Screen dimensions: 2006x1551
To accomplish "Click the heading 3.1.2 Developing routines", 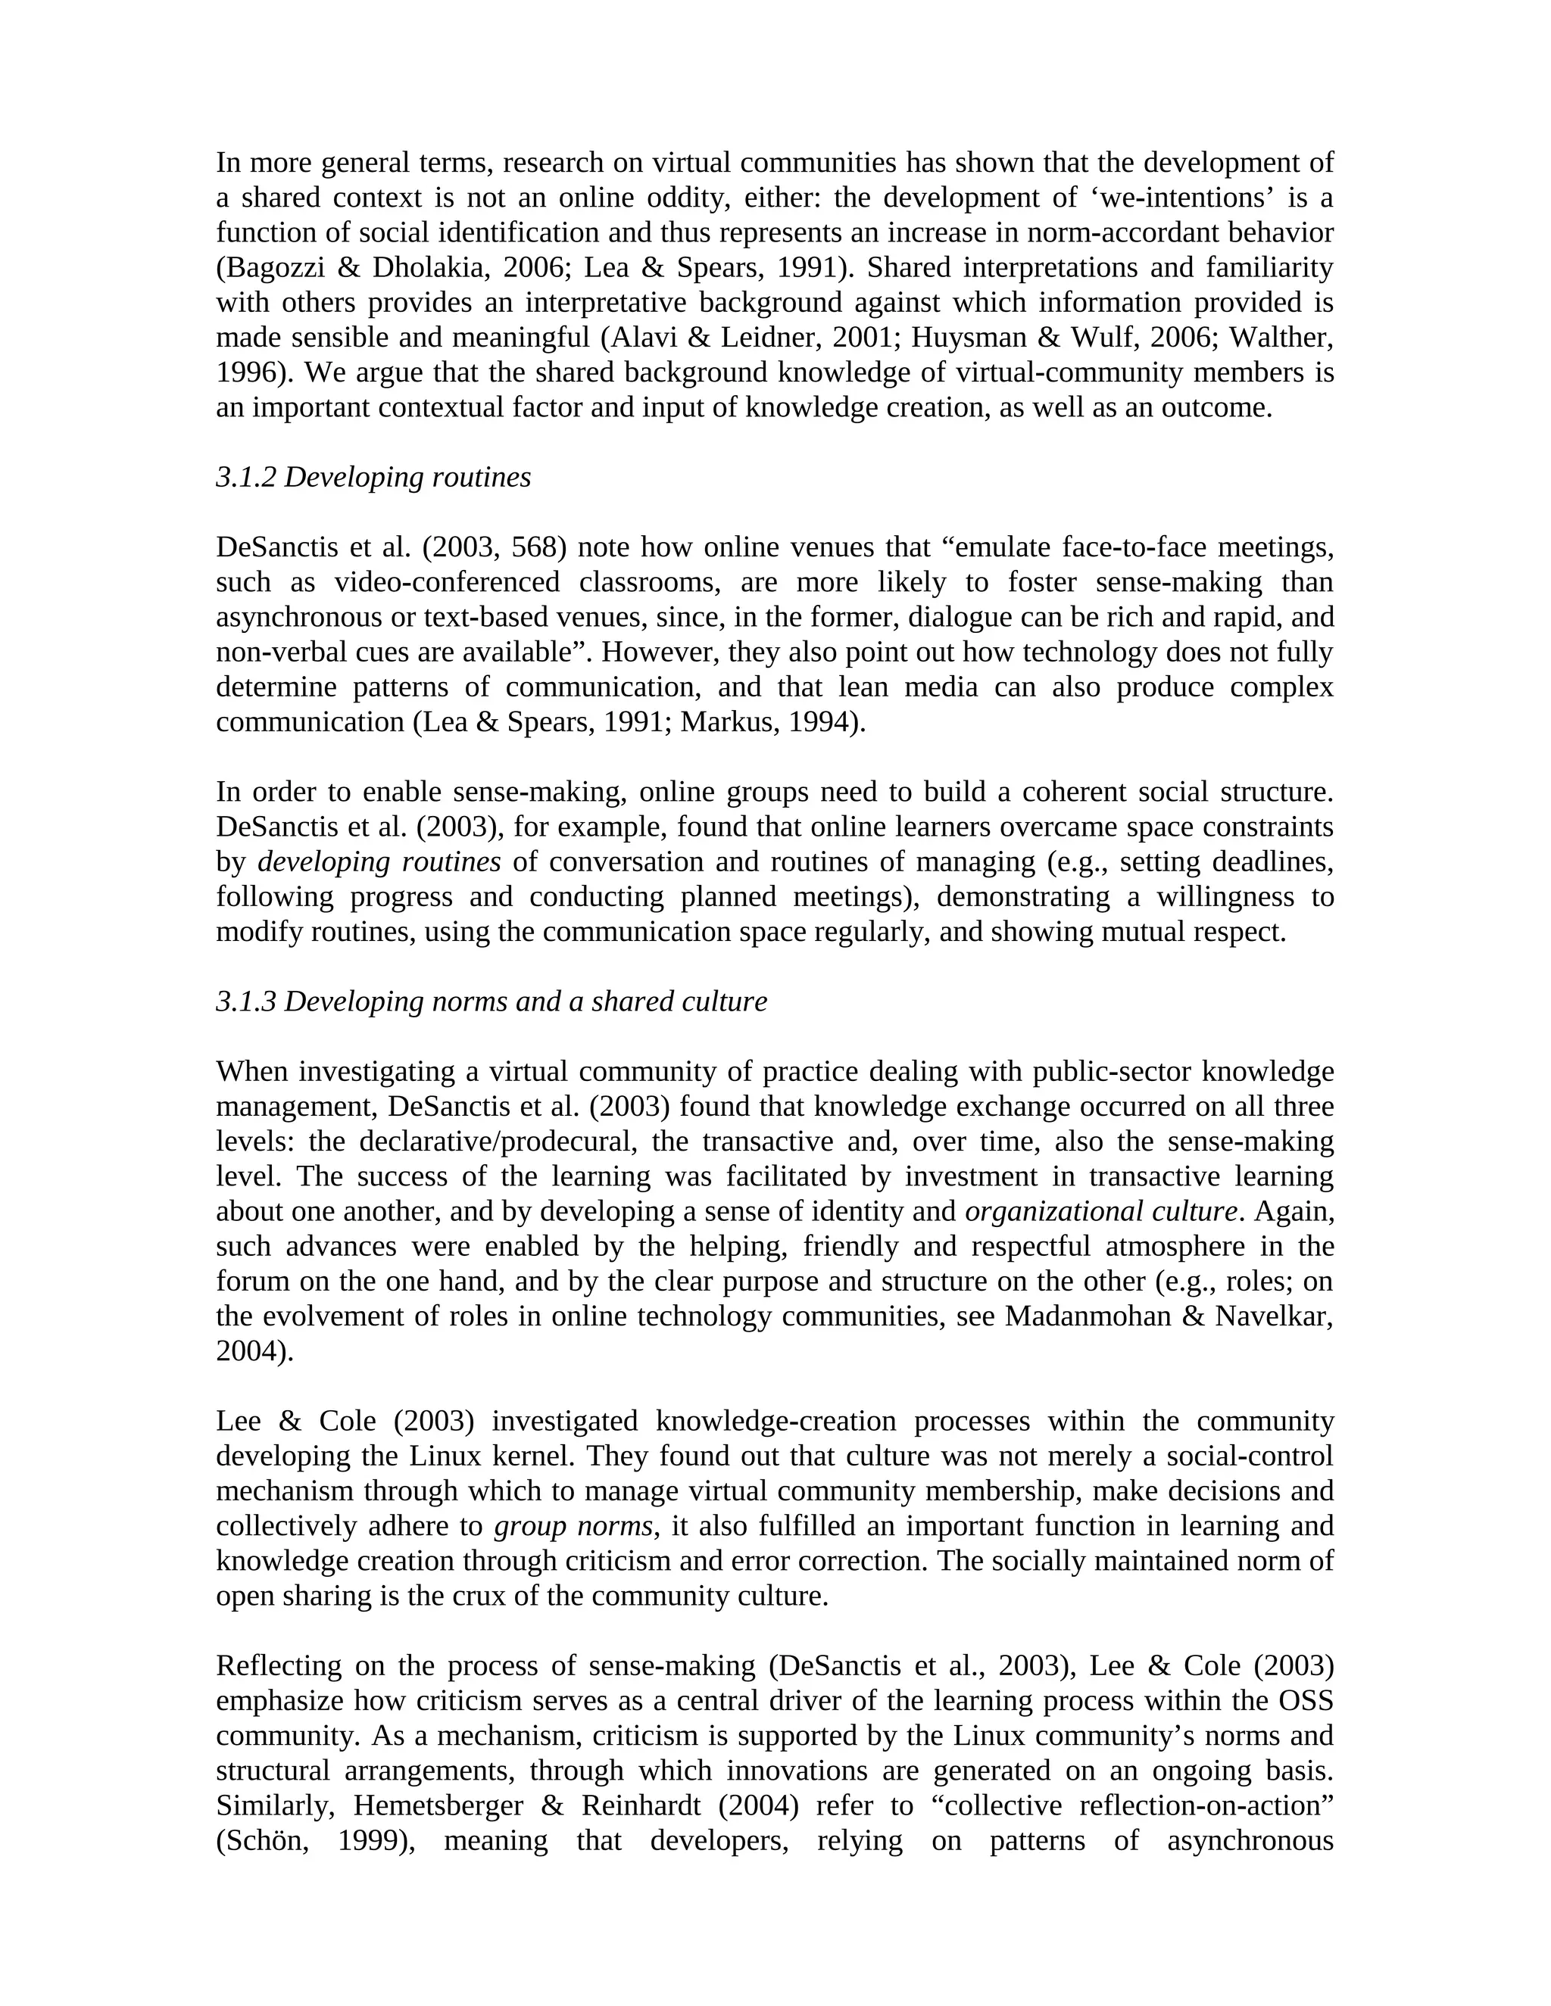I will pos(373,478).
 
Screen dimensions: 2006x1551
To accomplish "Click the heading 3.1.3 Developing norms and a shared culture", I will pos(491,1001).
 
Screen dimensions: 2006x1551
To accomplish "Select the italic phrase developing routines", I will pos(379,861).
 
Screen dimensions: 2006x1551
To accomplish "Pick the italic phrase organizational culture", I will pos(1100,1211).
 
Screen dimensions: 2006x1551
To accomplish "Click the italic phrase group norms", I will pos(573,1525).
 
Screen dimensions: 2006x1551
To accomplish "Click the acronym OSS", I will pos(1306,1700).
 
